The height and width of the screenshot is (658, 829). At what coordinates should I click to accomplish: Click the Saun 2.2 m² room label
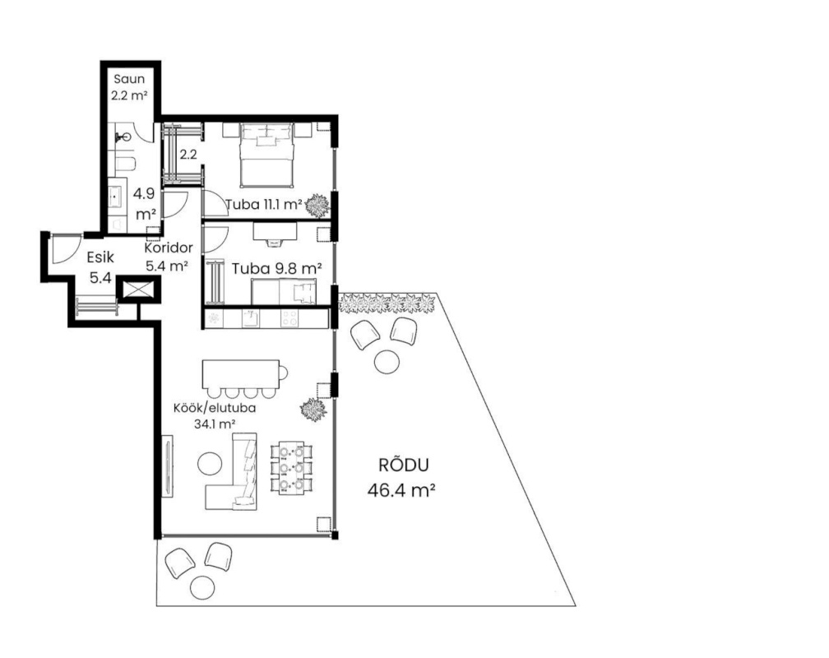129,87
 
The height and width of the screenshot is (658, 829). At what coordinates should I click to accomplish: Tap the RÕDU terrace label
403,465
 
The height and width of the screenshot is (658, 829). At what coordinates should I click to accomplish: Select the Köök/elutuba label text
215,408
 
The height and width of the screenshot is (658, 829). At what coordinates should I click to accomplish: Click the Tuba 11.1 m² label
263,204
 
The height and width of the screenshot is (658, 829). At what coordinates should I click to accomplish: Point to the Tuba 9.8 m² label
277,269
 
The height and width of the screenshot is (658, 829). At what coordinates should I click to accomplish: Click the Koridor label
169,248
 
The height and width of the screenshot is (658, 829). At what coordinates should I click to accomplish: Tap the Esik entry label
100,257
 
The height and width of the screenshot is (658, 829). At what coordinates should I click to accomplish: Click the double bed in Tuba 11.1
266,155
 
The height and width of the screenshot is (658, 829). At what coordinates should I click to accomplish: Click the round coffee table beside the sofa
210,463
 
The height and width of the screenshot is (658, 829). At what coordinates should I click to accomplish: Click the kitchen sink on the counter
250,318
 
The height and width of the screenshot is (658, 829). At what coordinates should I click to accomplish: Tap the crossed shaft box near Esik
137,290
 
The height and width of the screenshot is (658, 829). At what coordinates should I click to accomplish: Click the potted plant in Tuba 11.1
317,206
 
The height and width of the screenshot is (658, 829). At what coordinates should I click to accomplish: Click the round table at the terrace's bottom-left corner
202,587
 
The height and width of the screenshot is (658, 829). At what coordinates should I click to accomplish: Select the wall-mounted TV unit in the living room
168,466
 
